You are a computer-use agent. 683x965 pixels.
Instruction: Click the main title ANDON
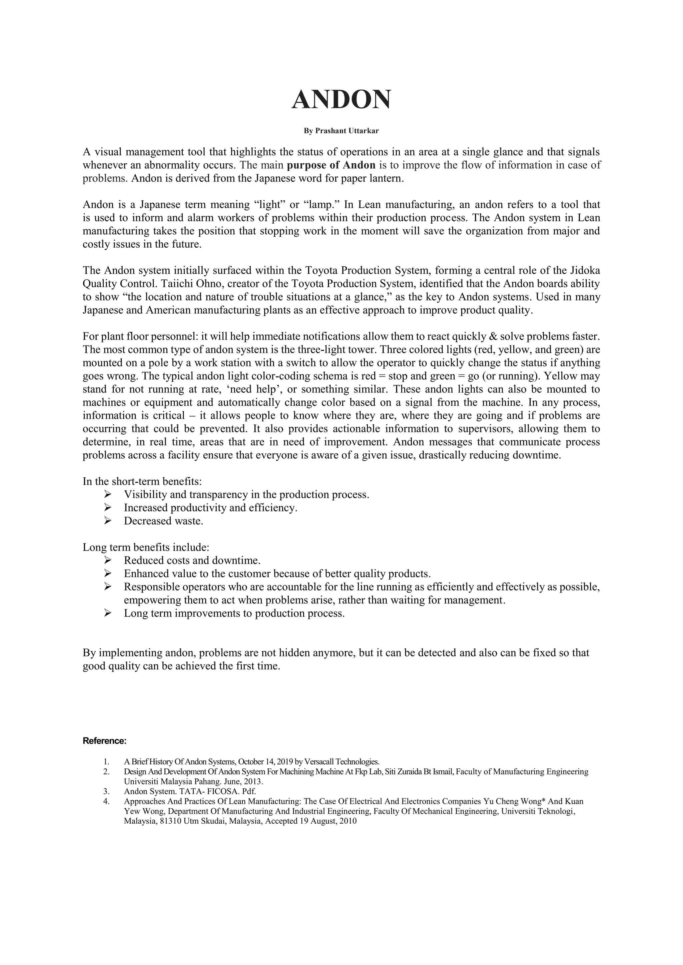pos(341,100)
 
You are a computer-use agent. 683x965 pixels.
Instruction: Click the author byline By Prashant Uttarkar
pos(341,131)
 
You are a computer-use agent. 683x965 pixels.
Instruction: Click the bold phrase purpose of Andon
pos(330,165)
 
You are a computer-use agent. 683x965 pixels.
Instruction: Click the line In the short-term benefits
pos(142,482)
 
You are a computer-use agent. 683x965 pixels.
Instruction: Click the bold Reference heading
pos(104,741)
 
